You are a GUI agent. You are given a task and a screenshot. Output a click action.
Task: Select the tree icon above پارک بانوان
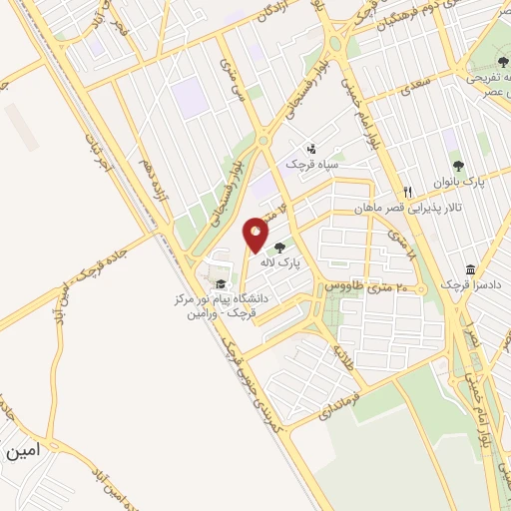(458, 166)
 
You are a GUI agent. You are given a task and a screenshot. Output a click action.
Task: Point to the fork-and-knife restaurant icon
(407, 193)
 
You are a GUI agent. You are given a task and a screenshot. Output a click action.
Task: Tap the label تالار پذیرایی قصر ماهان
(407, 208)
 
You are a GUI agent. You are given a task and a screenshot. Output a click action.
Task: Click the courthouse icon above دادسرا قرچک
(470, 268)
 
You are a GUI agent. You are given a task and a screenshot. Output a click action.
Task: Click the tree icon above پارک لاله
(279, 247)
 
